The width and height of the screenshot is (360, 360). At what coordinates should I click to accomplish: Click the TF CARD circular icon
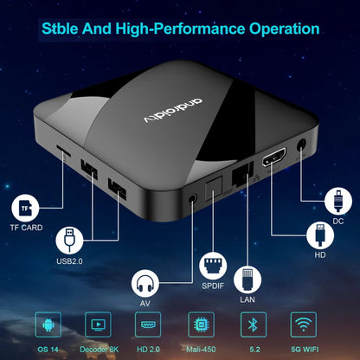(x=28, y=207)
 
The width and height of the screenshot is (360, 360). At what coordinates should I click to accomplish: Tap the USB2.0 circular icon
(x=73, y=240)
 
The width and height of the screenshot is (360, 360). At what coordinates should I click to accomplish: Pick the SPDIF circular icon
(x=213, y=266)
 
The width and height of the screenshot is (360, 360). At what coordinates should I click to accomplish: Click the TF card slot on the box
(x=64, y=148)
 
